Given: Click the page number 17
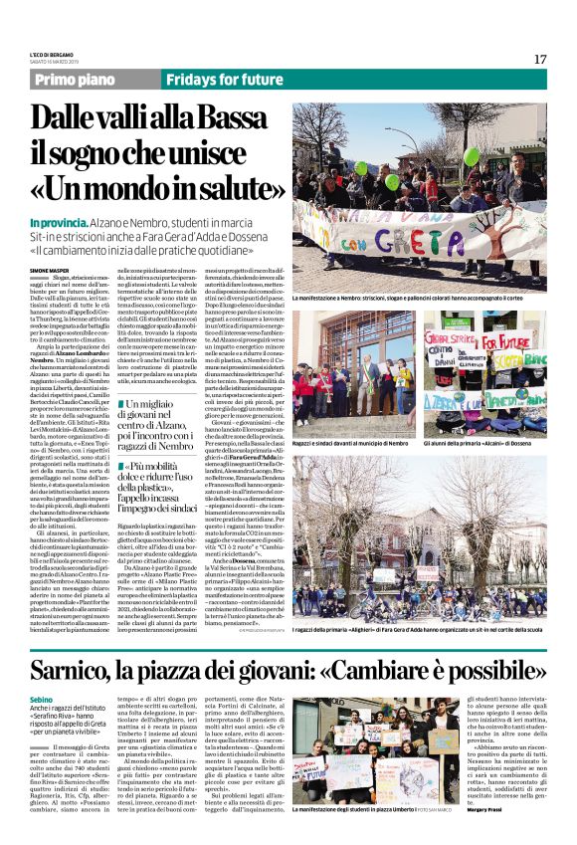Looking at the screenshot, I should click(539, 59).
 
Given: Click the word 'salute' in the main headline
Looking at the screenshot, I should click(213, 189).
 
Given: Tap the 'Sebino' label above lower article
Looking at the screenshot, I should click(42, 701).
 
